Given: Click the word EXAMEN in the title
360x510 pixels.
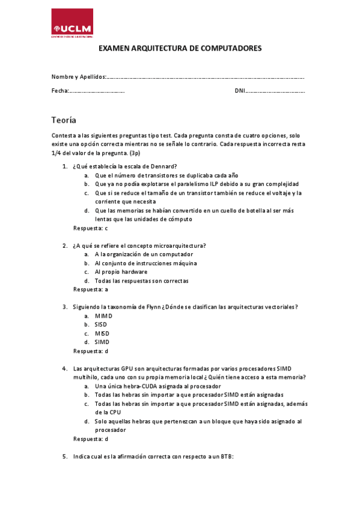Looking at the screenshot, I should [x=113, y=49].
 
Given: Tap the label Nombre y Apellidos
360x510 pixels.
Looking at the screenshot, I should [x=78, y=77].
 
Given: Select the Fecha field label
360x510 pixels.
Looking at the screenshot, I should [x=59, y=91].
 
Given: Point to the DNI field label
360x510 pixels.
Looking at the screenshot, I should [x=240, y=91].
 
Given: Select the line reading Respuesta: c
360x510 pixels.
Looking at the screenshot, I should [x=90, y=228].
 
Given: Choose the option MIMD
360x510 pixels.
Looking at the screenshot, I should [x=103, y=316].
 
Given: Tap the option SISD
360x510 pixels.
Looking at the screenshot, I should [x=101, y=324].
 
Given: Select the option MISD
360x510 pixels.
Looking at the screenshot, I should [x=102, y=333].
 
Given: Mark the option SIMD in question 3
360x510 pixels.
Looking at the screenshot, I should [x=102, y=342].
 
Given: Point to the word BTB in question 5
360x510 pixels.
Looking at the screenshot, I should [x=226, y=457].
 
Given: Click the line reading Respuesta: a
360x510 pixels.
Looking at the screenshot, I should [x=90, y=289].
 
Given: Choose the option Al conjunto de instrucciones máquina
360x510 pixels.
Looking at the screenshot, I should [x=145, y=263].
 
